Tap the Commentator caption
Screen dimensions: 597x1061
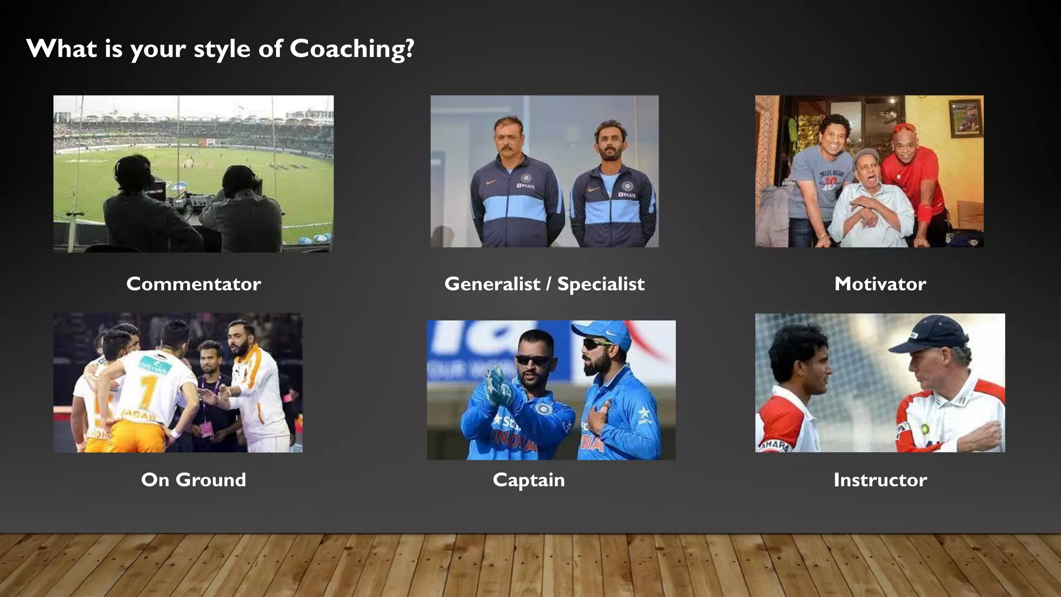click(193, 284)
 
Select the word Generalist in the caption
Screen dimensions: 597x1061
click(492, 284)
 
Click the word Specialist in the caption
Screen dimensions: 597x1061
click(601, 284)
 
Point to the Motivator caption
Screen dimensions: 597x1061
click(880, 284)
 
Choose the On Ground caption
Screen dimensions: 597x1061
click(193, 480)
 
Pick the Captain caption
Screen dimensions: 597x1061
click(528, 480)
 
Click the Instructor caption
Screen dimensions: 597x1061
click(880, 480)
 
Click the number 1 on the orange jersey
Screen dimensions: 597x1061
click(148, 391)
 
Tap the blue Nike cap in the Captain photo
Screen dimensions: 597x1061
click(604, 332)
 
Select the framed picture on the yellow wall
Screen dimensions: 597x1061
click(965, 119)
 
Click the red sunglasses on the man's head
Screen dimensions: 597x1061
click(905, 127)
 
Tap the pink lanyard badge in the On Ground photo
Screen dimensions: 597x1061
click(207, 429)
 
